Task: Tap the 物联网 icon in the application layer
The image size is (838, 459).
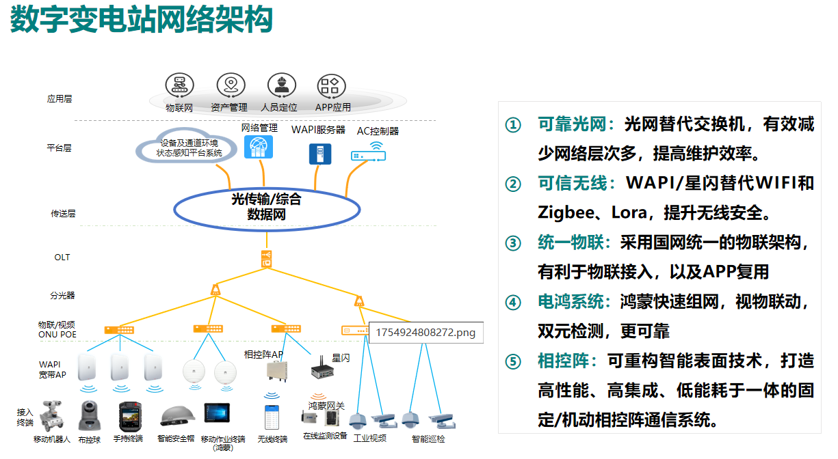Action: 179,85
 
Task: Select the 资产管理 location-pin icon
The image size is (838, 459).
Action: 231,85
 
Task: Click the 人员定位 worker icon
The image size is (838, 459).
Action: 280,85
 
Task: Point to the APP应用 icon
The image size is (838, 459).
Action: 332,85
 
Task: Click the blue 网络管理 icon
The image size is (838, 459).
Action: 259,147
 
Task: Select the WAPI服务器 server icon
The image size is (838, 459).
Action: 317,154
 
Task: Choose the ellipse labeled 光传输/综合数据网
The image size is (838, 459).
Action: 267,208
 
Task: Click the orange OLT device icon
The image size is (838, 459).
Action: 267,259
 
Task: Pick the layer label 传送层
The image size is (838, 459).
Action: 63,214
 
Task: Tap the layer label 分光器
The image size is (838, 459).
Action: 62,296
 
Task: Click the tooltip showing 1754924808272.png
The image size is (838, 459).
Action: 425,333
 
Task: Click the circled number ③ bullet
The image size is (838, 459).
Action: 513,243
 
